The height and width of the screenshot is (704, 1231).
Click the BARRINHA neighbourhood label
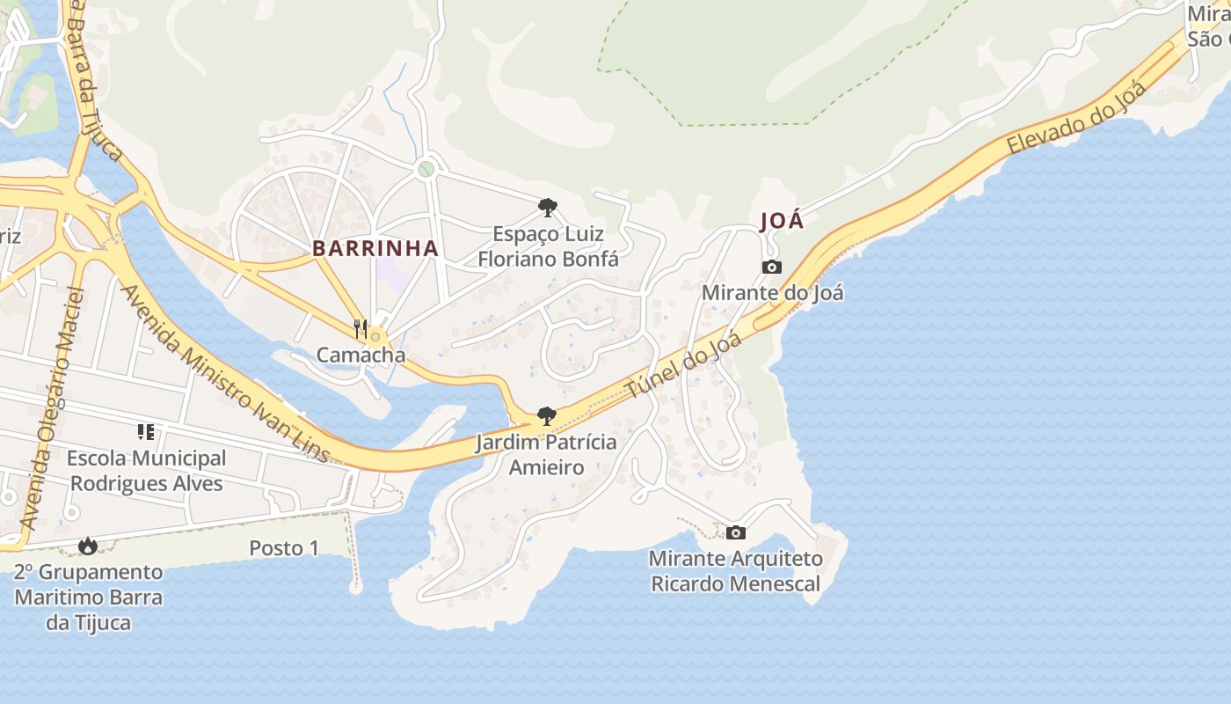coord(375,249)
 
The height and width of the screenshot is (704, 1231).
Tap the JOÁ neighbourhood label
coord(782,221)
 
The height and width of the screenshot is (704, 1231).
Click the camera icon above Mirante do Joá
coord(772,268)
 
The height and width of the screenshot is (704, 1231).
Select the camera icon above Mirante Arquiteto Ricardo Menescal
coord(736,532)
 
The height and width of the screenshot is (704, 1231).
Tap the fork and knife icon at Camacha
coord(360,329)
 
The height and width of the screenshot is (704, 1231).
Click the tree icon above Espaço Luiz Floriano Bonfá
coord(547,208)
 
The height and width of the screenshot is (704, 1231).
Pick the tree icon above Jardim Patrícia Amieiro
coord(546,416)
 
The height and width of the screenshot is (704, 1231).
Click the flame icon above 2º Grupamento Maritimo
coord(87,546)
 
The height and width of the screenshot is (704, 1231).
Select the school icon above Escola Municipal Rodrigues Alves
coord(146,431)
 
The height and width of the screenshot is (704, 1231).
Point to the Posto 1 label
coord(284,548)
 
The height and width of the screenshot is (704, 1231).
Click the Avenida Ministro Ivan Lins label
coord(225,374)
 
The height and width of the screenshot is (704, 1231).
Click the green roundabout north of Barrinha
coord(426,168)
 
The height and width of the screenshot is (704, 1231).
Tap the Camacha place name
coord(361,356)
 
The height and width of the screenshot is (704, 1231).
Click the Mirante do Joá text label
coord(772,292)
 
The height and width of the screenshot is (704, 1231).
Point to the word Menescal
coord(775,583)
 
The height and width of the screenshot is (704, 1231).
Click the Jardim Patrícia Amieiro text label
coord(546,454)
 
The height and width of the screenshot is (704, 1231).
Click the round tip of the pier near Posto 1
coord(355,587)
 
